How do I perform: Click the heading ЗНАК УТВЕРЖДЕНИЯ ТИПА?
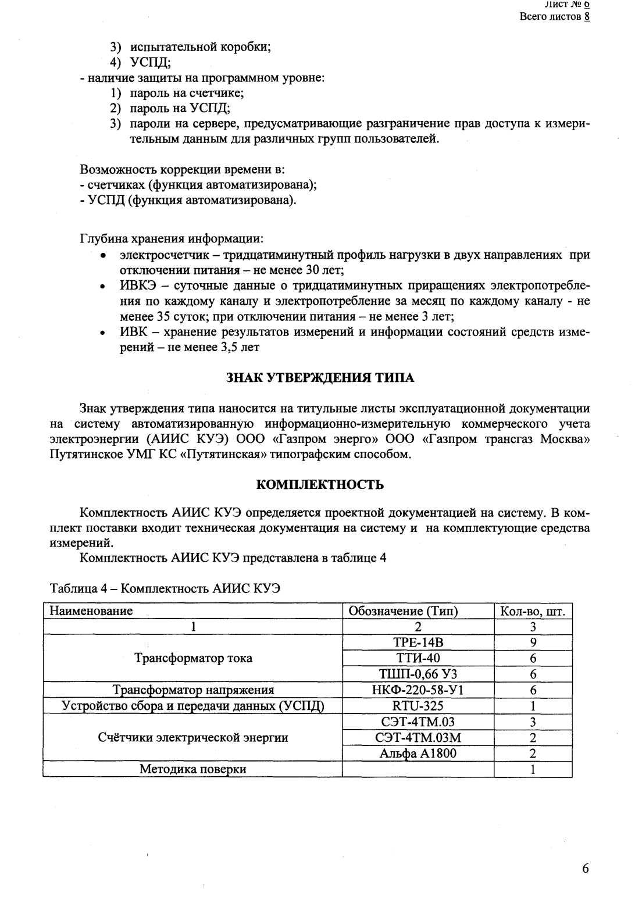tap(320, 378)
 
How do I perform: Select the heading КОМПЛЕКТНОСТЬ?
tap(320, 485)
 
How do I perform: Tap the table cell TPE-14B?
tap(418, 642)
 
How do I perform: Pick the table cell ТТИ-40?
tap(418, 658)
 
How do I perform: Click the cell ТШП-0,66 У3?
tap(418, 674)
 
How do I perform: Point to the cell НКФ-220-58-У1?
tap(418, 690)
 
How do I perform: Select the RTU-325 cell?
tap(418, 706)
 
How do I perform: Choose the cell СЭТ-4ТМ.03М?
tap(418, 738)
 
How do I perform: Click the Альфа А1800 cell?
tap(418, 754)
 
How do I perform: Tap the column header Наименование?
tap(91, 611)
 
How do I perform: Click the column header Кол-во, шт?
tap(533, 612)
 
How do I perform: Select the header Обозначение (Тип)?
tap(403, 612)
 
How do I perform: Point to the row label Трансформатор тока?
tap(193, 659)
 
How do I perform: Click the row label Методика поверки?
tap(193, 769)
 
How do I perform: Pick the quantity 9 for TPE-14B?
tap(533, 642)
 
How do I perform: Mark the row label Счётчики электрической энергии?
tap(193, 738)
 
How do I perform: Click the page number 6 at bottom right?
tap(585, 869)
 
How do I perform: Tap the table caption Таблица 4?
tap(166, 588)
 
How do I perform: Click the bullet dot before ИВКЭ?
tap(103, 286)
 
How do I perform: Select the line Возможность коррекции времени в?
tap(182, 170)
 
